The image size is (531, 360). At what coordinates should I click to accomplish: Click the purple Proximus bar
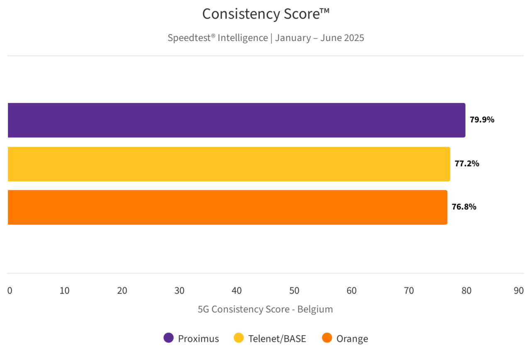[236, 120]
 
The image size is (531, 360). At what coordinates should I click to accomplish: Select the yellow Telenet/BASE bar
[229, 164]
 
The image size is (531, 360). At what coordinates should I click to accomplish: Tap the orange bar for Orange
[227, 207]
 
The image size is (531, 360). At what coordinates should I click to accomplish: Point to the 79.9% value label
[482, 120]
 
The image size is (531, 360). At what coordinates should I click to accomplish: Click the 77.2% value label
[467, 163]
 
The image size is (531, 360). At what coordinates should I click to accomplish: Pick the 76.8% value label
[464, 207]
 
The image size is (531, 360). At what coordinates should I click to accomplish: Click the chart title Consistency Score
[265, 14]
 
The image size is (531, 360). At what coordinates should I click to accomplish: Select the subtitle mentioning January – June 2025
[265, 38]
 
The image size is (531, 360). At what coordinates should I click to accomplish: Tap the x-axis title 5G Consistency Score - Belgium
[265, 309]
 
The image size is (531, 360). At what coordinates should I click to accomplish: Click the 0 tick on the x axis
[10, 291]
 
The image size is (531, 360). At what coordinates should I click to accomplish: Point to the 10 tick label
[64, 291]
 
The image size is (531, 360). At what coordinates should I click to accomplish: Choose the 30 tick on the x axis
[179, 291]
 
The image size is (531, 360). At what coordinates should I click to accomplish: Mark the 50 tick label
[294, 291]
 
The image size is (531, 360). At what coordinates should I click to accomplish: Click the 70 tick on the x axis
[409, 291]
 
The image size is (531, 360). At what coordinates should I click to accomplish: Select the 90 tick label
[519, 291]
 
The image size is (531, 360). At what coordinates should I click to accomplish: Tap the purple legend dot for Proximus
[168, 338]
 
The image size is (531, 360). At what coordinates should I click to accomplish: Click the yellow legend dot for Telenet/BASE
[239, 338]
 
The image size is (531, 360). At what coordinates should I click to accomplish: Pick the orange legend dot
[327, 338]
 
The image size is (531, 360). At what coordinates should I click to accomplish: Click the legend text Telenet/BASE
[277, 338]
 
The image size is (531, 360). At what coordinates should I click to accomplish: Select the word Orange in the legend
[352, 338]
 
